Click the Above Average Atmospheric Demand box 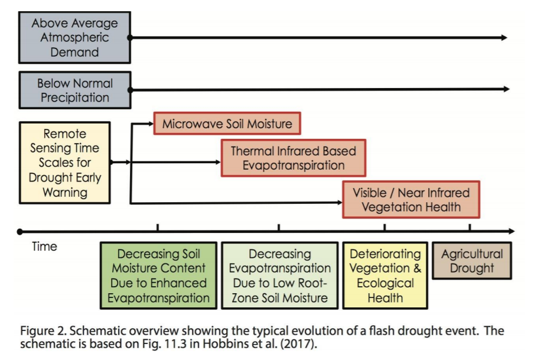pos(74,37)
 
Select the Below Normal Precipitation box pos(75,90)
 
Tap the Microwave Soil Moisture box pos(227,124)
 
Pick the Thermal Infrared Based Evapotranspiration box pos(294,158)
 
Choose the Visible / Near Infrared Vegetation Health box pos(411,200)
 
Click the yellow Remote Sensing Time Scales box pos(64,163)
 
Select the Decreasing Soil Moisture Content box pos(159,275)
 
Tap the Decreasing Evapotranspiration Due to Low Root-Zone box pos(279,275)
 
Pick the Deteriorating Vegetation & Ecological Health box pos(385,275)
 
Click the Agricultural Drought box pos(472,261)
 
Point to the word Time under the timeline pos(44,247)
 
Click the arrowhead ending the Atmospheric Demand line pos(504,37)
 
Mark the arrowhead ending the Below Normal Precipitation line pos(507,89)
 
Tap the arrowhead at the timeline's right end pos(511,231)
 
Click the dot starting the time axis pos(20,232)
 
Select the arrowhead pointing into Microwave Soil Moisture pos(151,124)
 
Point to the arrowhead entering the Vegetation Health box pos(340,202)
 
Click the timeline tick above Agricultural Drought pos(470,228)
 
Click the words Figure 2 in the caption pos(43,331)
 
